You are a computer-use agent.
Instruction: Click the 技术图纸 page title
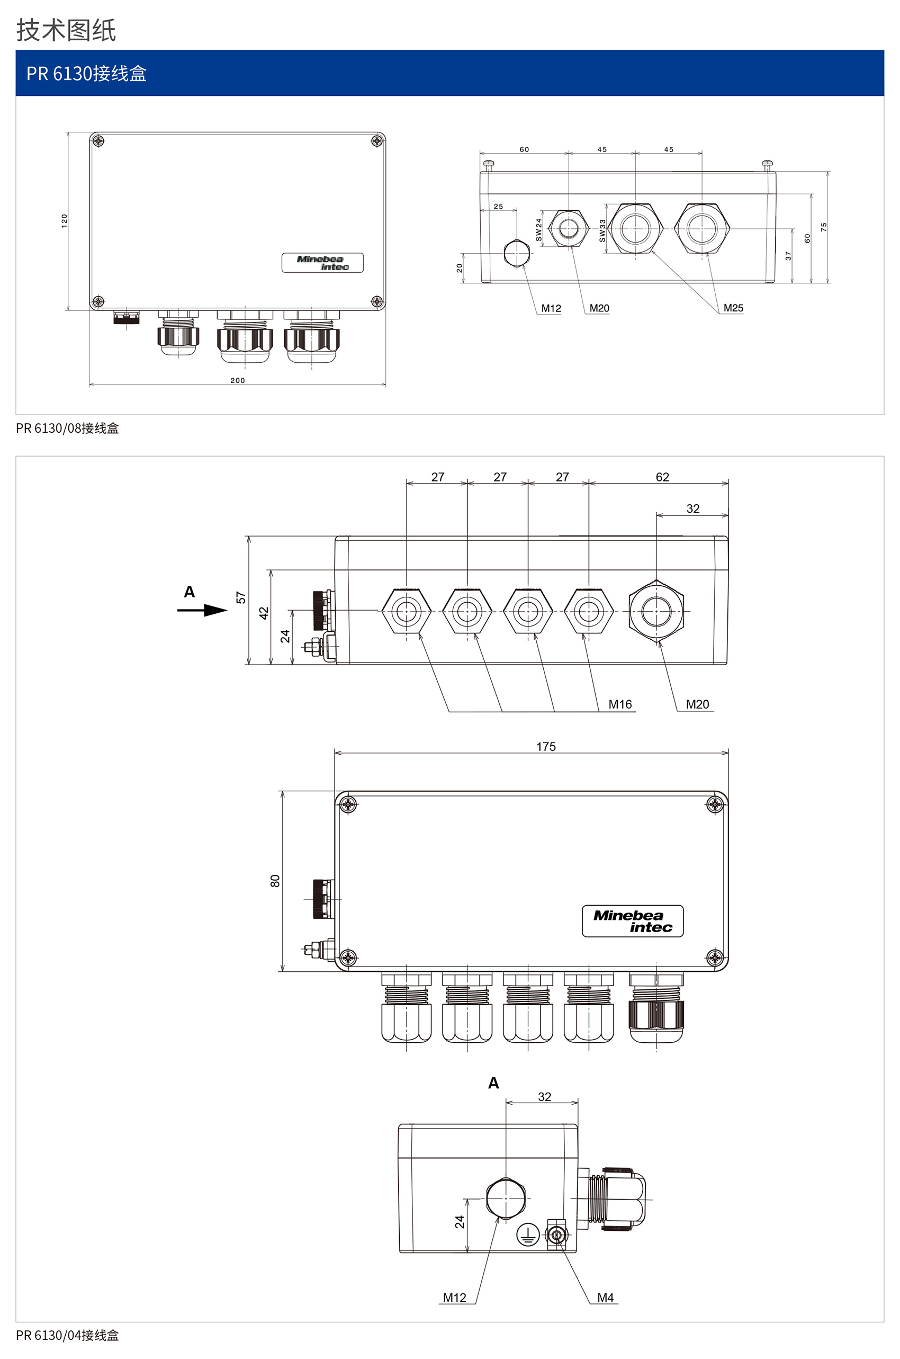tap(66, 30)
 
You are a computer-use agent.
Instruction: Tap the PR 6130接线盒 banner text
tap(86, 74)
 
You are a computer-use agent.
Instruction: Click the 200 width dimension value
tap(238, 380)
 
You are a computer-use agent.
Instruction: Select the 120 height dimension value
tap(64, 221)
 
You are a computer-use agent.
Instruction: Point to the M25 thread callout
tap(733, 308)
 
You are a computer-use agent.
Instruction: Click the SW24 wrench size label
tap(538, 229)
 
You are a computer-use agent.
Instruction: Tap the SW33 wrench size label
tap(602, 230)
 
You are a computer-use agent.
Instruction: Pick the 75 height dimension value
tap(824, 227)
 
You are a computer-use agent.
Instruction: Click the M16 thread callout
tap(620, 704)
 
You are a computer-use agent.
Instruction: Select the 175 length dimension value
tap(546, 746)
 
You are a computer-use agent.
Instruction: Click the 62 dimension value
tap(662, 477)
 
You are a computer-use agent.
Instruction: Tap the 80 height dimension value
tap(275, 881)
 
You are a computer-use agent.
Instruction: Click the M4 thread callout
tap(606, 1298)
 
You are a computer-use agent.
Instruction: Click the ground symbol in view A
tap(527, 1233)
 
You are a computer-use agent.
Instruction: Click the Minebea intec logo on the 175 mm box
tap(633, 921)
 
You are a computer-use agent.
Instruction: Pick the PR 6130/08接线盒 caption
tap(67, 428)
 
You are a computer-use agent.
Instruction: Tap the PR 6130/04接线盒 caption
tap(67, 1336)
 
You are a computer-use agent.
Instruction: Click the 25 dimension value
tap(498, 206)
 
